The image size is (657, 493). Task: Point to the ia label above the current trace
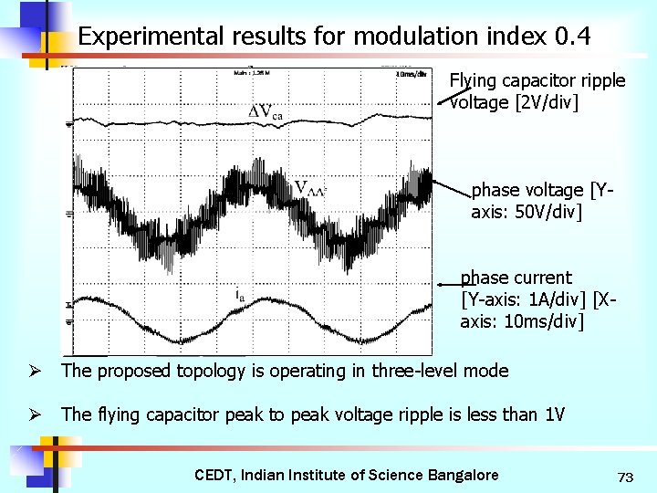click(x=239, y=294)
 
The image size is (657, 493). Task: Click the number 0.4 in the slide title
click(x=573, y=37)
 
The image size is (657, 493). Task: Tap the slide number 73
click(x=625, y=477)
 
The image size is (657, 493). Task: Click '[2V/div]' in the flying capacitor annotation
click(x=547, y=102)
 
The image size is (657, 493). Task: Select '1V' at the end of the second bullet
click(x=554, y=415)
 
